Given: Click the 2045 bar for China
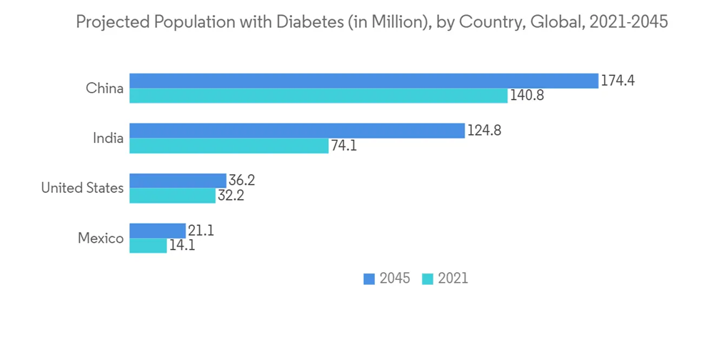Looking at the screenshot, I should coord(363,81).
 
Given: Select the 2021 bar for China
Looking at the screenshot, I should coord(318,96).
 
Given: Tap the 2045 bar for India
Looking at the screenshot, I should coord(297,131).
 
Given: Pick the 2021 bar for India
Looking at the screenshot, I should coord(228,146).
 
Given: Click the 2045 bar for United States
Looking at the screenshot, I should coord(178,181).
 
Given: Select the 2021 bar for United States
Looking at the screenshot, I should coord(172,196).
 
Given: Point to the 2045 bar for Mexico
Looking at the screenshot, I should coord(157,231).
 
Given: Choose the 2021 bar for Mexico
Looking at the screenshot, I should coord(148,246).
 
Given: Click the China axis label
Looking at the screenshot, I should coord(104,89).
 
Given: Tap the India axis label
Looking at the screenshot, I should coord(108,139).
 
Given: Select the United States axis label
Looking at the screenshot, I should coord(82,189).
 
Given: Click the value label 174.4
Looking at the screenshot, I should coord(618,81).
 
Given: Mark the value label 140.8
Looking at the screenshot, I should coord(527,96).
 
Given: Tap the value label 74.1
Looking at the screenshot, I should coord(343,146).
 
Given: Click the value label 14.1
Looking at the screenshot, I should coord(182,246).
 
